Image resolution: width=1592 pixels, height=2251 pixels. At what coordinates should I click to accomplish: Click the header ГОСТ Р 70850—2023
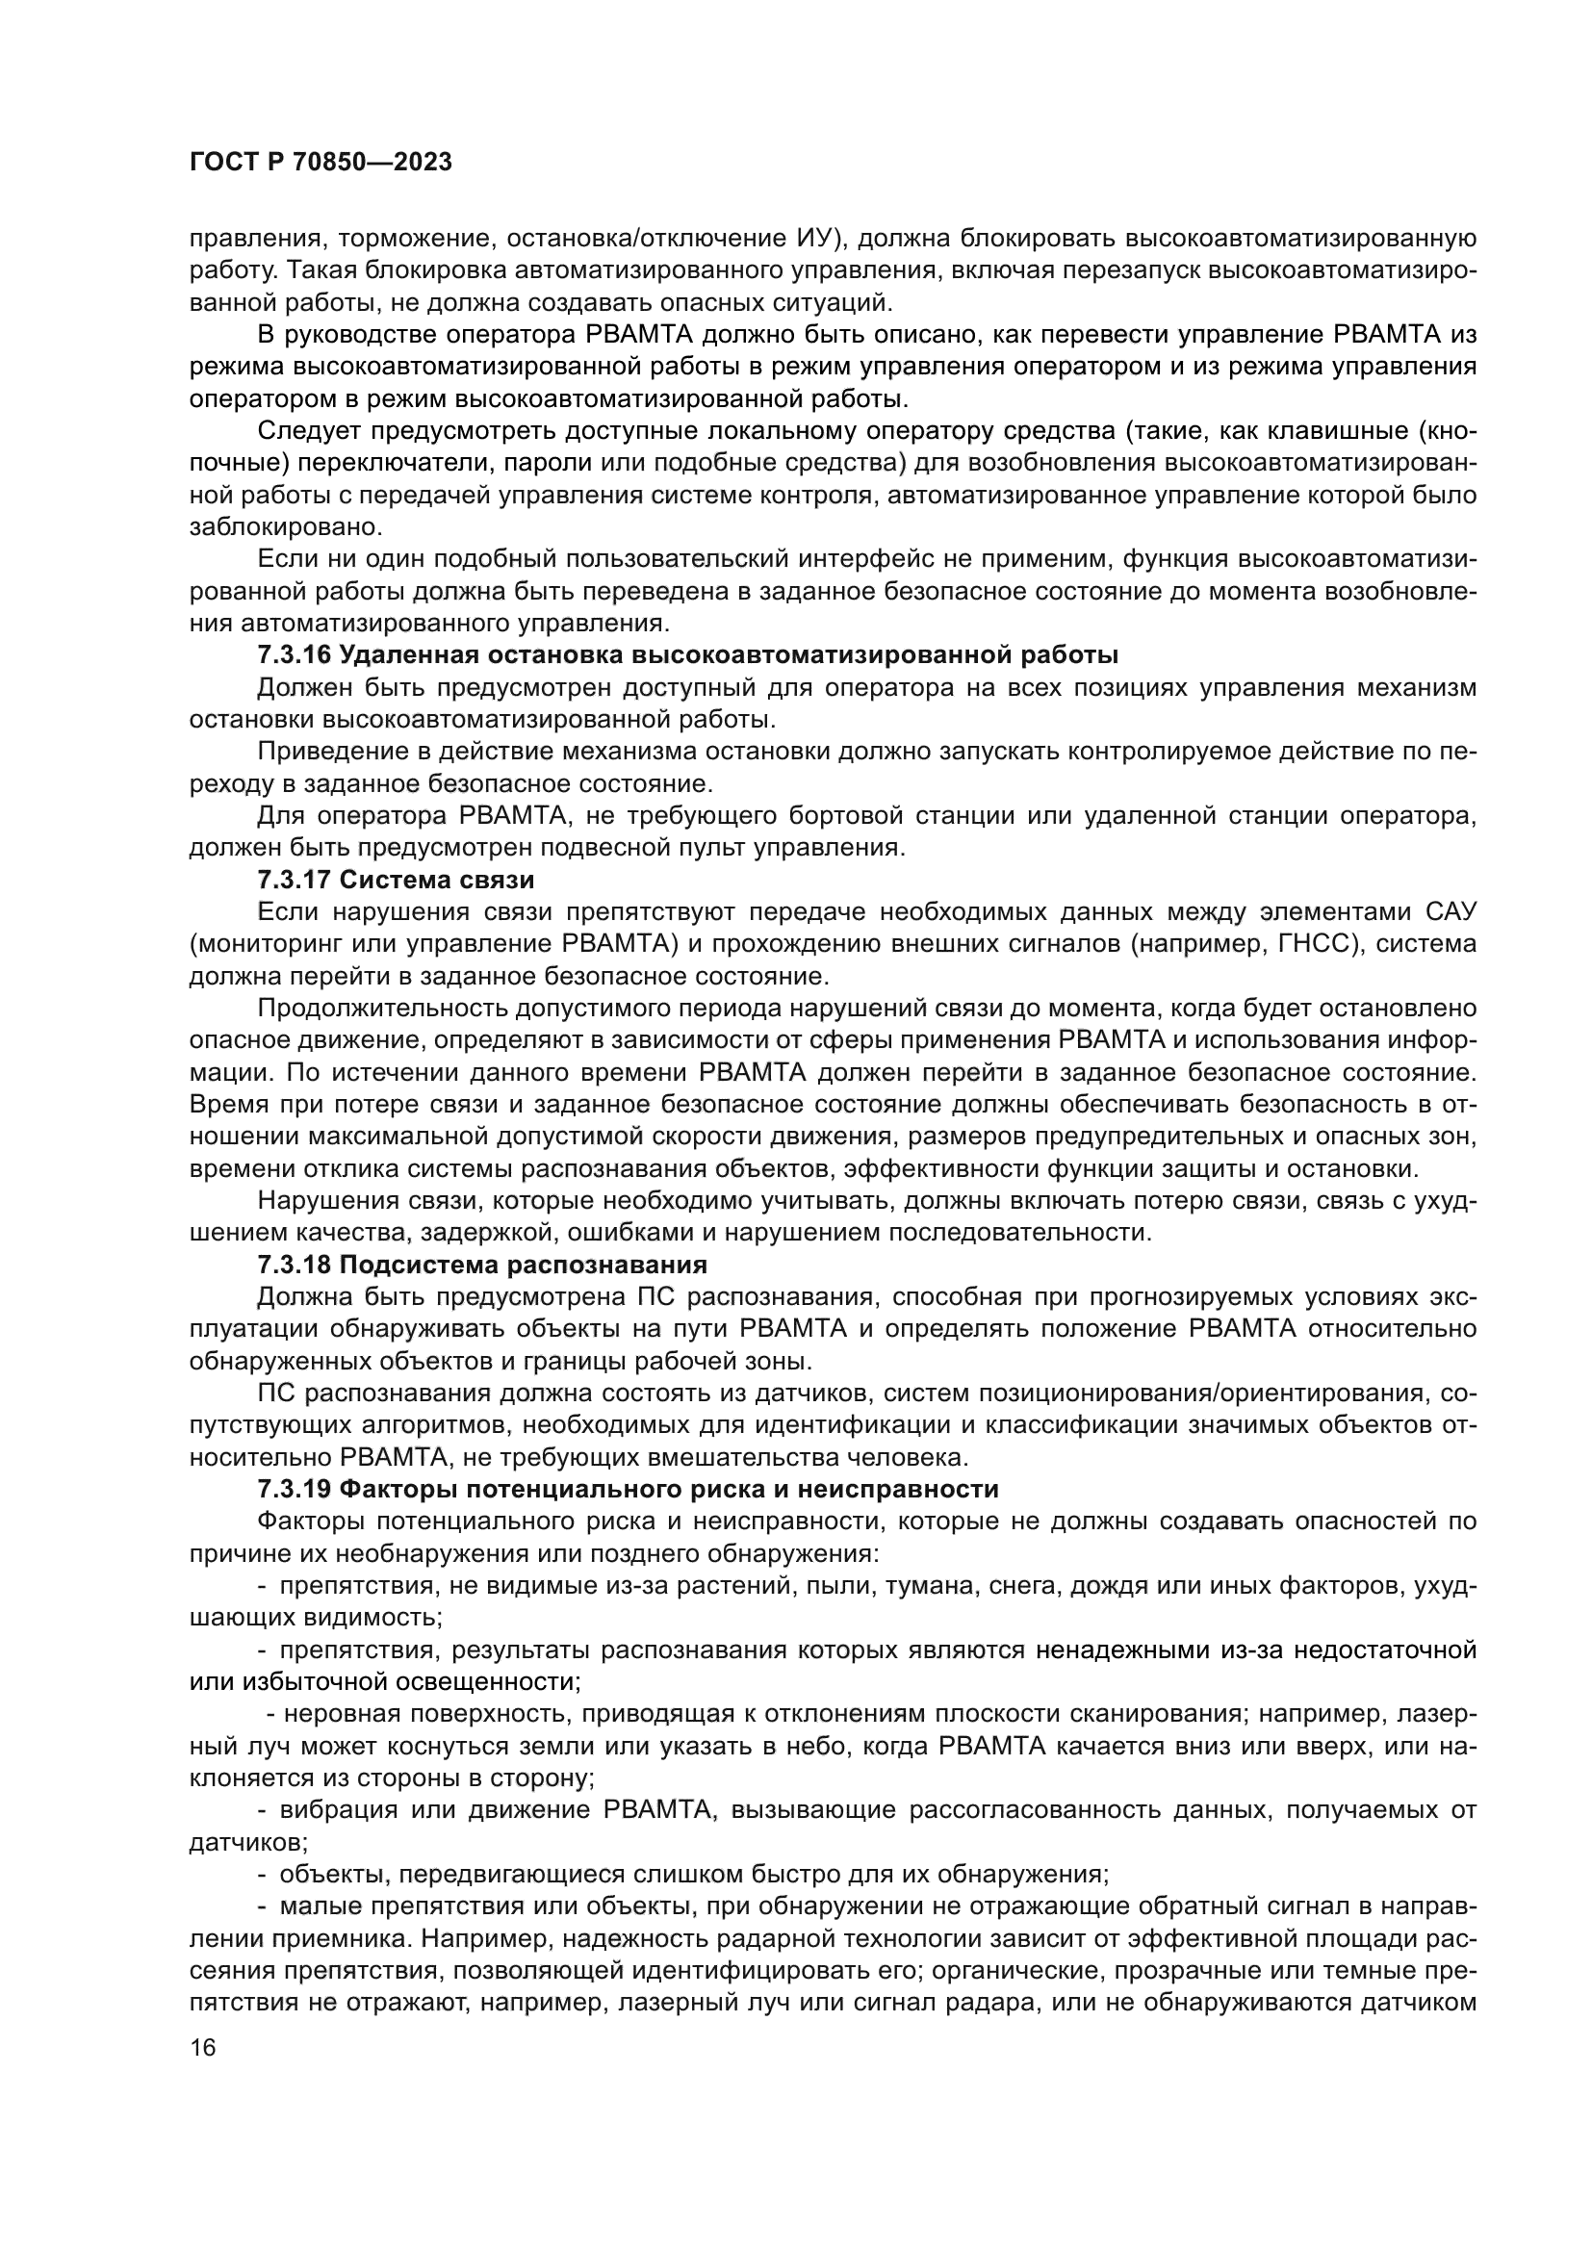point(321,163)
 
